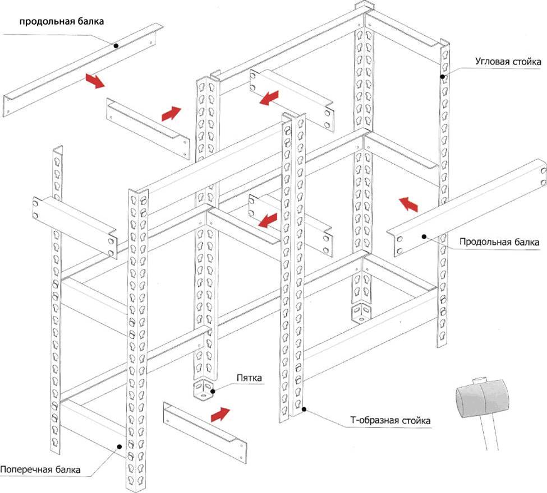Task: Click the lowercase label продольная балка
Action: pos(62,22)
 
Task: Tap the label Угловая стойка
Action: pos(507,61)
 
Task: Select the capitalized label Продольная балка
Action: pos(499,243)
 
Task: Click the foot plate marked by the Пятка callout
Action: pos(203,389)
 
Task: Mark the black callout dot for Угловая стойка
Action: pos(442,76)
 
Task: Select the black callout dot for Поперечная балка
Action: pos(119,447)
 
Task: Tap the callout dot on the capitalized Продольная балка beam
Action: pos(425,237)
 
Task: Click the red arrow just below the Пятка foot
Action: pos(219,415)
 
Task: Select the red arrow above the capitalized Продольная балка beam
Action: pos(408,204)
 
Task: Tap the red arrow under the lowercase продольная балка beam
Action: pos(95,81)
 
